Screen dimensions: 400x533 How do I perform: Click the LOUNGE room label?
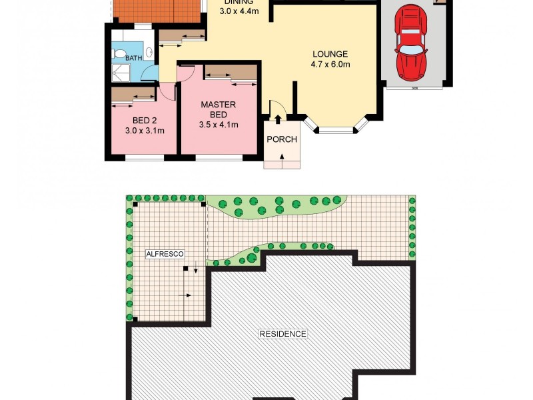click(x=330, y=54)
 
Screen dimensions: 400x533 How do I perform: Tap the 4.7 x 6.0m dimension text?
click(x=330, y=65)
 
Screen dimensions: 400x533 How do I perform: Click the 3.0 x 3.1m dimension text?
click(x=144, y=131)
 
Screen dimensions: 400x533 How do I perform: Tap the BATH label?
click(x=133, y=58)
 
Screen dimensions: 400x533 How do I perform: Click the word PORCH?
click(x=281, y=139)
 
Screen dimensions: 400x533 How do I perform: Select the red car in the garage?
click(x=411, y=41)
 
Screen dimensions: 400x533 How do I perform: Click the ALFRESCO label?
click(x=165, y=254)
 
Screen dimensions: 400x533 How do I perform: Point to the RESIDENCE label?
click(x=283, y=334)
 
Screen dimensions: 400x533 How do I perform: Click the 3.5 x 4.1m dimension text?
click(x=219, y=125)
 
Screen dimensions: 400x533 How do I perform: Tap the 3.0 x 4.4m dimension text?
click(x=238, y=11)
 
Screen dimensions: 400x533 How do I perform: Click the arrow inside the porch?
click(x=282, y=157)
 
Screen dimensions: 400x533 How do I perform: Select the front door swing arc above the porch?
click(x=277, y=110)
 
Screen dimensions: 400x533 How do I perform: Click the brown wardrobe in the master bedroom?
click(x=231, y=72)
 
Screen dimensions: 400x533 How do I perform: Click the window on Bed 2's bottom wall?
click(x=145, y=157)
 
